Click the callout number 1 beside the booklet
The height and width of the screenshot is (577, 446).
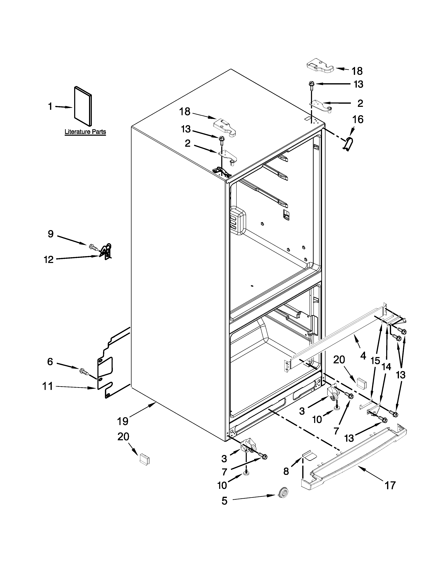coord(50,106)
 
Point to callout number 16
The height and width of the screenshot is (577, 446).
coord(358,119)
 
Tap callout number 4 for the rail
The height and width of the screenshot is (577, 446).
coord(363,356)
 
